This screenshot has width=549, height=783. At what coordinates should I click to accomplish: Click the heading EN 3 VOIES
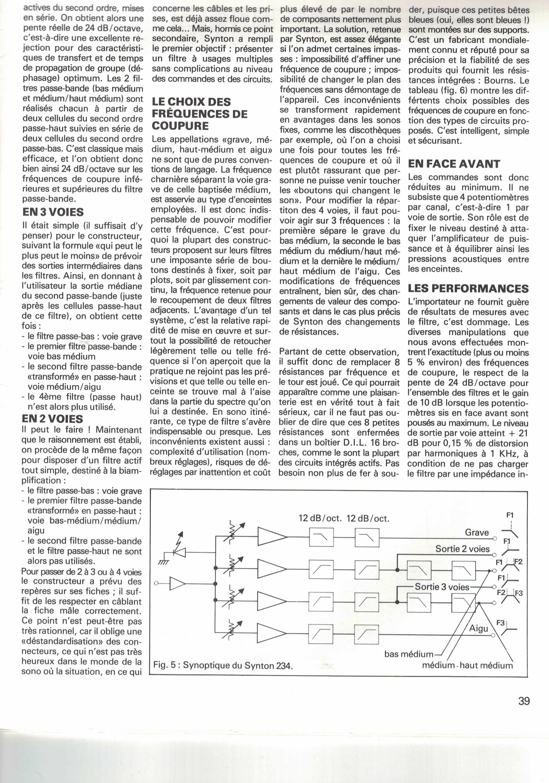53,212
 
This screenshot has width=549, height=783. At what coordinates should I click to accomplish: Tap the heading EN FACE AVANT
454,164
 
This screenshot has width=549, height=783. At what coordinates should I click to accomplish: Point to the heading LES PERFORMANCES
468,289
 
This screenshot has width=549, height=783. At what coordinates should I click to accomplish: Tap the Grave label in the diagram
477,532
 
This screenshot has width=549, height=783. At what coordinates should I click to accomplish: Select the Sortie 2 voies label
462,549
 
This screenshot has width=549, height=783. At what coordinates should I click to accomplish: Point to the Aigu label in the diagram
479,628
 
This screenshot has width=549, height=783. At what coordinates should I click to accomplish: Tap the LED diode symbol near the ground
180,552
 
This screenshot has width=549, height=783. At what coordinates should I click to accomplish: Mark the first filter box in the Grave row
321,537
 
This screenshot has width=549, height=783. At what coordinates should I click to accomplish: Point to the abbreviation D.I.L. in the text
351,443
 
